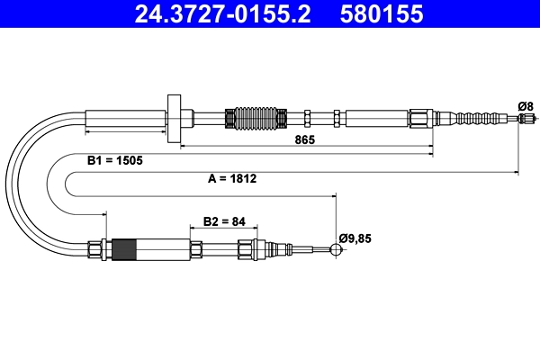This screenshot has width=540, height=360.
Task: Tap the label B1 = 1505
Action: [x=115, y=160]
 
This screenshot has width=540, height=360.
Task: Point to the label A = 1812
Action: [x=232, y=178]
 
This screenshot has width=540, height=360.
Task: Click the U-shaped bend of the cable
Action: [x=27, y=180]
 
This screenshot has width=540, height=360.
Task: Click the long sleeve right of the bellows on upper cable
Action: [x=375, y=118]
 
